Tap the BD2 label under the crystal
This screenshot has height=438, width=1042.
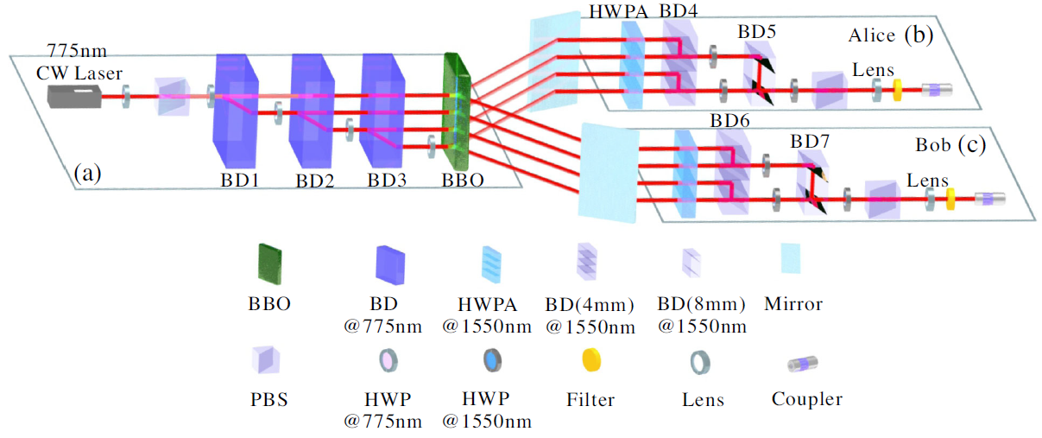coord(314,181)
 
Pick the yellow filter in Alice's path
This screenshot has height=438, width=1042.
coord(896,88)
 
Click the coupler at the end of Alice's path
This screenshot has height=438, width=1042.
coord(937,88)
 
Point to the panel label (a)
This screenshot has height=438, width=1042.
coord(86,173)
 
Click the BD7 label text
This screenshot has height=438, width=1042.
coord(811,140)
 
